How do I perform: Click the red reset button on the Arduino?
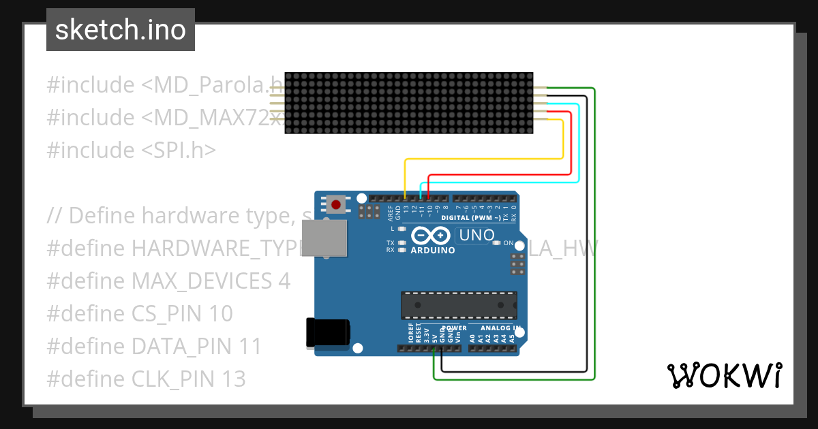coord(335,204)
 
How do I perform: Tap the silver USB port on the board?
coord(324,238)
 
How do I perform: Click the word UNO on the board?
coord(477,236)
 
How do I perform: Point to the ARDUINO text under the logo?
coord(433,250)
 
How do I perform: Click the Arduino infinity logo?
coord(431,236)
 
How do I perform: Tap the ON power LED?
coord(499,242)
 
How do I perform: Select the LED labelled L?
coord(402,229)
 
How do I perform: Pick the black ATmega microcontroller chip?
coord(458,305)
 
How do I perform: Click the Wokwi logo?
coord(724,375)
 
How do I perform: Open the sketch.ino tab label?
coord(121,30)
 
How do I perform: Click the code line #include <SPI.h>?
coord(131,150)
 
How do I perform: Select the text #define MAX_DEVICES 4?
coord(168,281)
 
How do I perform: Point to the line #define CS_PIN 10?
coord(140,313)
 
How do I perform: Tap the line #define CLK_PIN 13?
coord(146,379)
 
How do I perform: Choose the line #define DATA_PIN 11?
coord(154,346)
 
